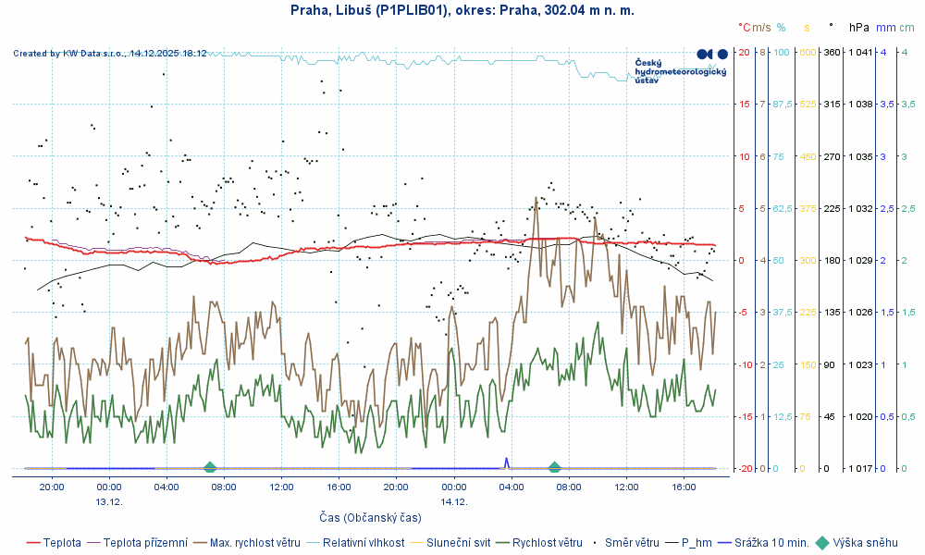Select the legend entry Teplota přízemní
pyautogui.click(x=145, y=543)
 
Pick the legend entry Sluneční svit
pyautogui.click(x=457, y=543)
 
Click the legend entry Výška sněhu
pyautogui.click(x=865, y=543)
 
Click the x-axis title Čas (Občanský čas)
pyautogui.click(x=370, y=517)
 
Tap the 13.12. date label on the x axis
pyautogui.click(x=109, y=500)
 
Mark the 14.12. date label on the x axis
pyautogui.click(x=453, y=500)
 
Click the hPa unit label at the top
pyautogui.click(x=859, y=28)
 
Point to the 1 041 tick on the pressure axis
pyautogui.click(x=859, y=52)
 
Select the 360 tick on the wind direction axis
pyautogui.click(x=832, y=52)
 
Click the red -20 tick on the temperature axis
pyautogui.click(x=743, y=469)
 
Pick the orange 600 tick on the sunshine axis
pyautogui.click(x=807, y=52)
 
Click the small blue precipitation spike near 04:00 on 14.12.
pyautogui.click(x=506, y=461)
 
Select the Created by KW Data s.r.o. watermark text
pyautogui.click(x=110, y=54)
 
